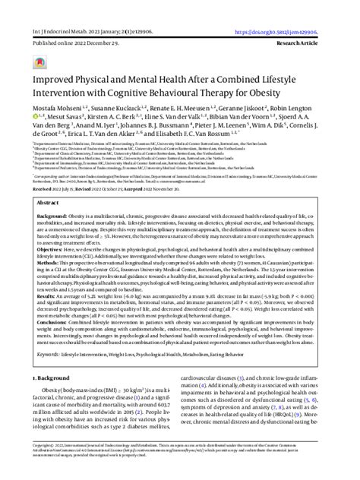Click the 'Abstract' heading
(49, 204)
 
